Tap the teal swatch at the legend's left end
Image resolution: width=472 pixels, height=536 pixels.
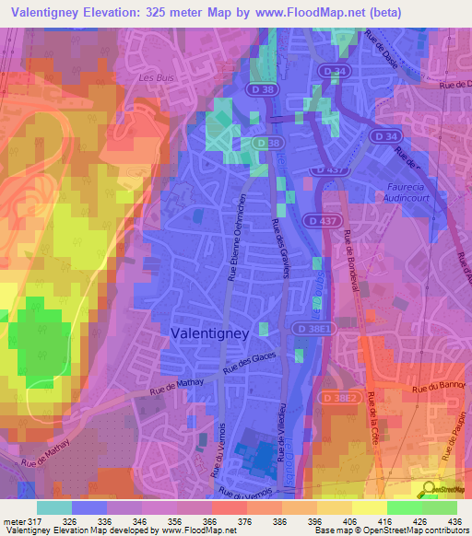54,507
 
